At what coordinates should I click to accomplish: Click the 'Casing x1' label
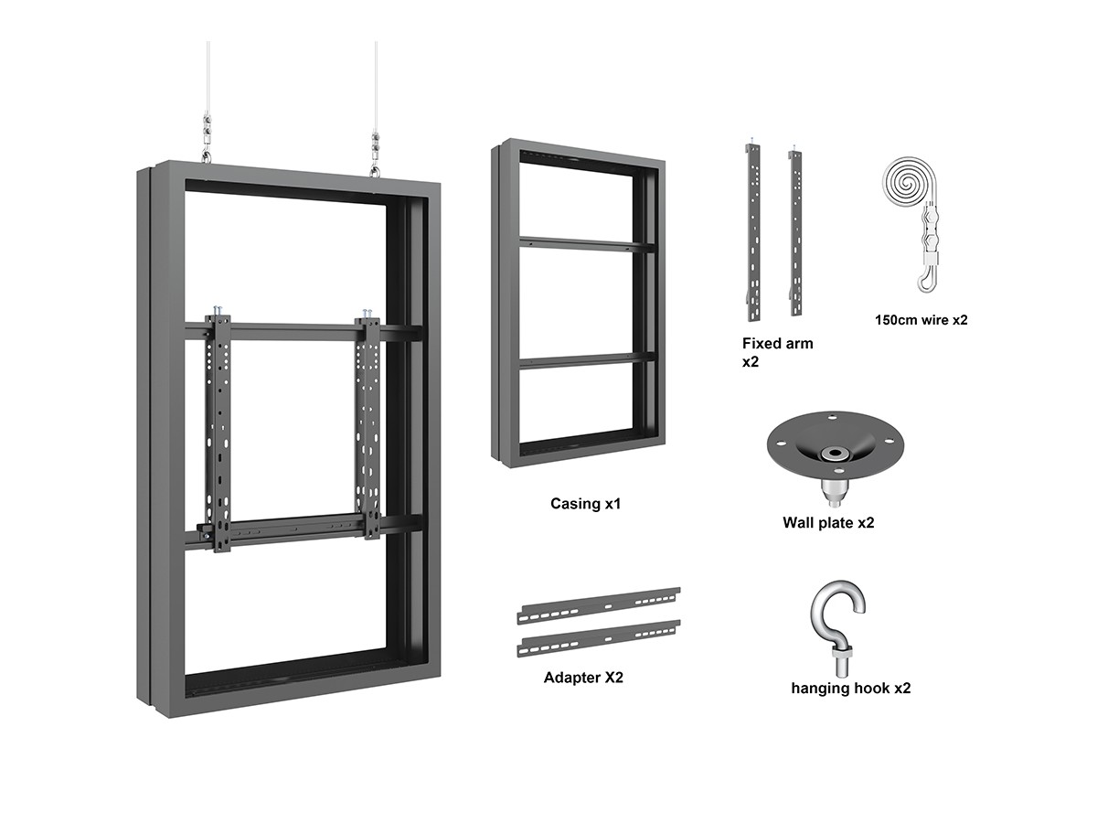[585, 504]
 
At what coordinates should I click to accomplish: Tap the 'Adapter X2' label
[583, 678]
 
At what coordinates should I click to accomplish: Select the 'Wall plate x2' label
[828, 523]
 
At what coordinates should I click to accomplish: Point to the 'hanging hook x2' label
[850, 688]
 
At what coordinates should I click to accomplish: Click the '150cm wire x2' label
[921, 320]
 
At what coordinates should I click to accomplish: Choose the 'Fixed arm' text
[777, 344]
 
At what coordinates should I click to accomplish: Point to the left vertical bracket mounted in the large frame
[221, 430]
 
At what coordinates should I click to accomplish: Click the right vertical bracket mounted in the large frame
[369, 425]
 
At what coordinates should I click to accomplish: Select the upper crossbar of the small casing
[586, 244]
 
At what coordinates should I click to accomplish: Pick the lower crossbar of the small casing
[586, 360]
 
